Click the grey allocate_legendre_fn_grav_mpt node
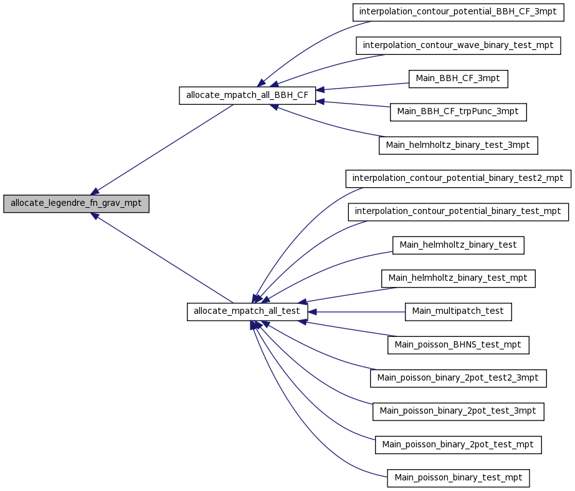[x=76, y=203]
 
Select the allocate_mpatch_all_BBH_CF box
[x=247, y=95]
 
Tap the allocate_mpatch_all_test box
[x=247, y=311]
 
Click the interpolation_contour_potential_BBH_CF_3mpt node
[x=458, y=12]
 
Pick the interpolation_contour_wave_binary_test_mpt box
[x=458, y=46]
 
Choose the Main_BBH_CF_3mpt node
[x=458, y=79]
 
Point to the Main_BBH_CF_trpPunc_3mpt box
[x=458, y=112]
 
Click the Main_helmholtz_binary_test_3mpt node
[x=458, y=145]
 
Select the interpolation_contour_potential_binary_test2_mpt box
[x=458, y=178]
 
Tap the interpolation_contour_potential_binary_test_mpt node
[x=458, y=212]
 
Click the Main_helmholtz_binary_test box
[x=458, y=245]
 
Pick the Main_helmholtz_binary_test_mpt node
[x=458, y=278]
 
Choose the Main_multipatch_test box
[x=458, y=312]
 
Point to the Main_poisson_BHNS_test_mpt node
[x=458, y=345]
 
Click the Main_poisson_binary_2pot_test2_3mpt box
[x=458, y=378]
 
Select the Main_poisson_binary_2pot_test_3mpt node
[x=458, y=412]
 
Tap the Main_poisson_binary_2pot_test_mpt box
[x=458, y=445]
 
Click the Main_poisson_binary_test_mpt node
[x=458, y=478]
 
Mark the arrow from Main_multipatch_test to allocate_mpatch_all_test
[x=356, y=312]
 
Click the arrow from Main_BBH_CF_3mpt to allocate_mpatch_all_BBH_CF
[x=363, y=87]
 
